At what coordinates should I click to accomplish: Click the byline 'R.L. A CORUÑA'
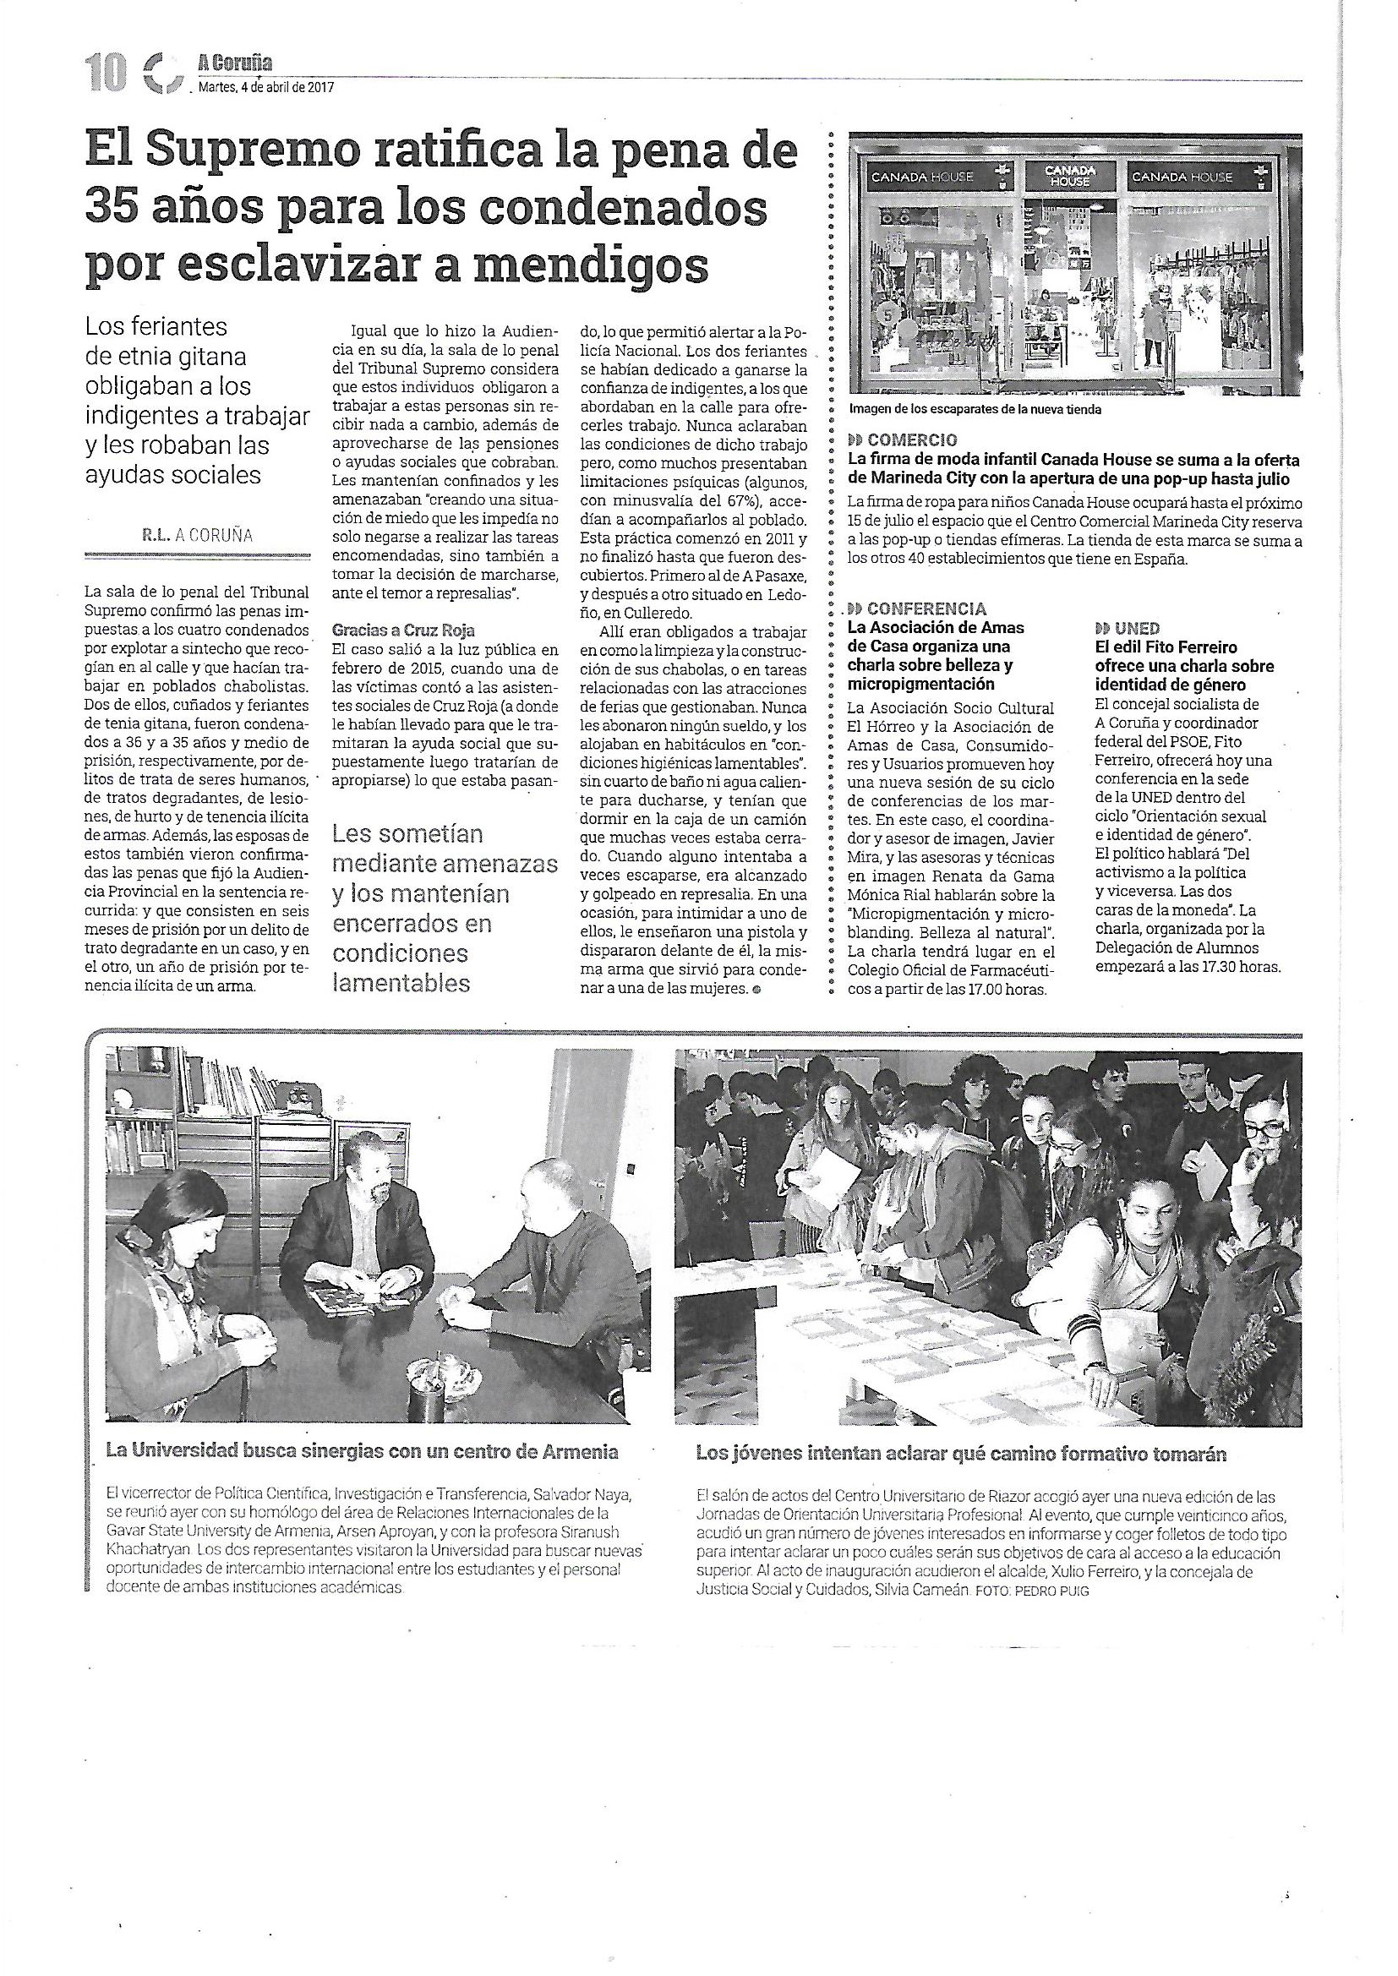[x=197, y=535]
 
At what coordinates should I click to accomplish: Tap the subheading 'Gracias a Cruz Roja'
[x=405, y=630]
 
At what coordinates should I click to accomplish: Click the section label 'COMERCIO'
[x=912, y=442]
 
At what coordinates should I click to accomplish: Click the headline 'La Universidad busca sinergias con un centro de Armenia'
[x=362, y=1452]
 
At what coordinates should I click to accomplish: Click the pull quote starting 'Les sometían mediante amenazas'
[x=445, y=907]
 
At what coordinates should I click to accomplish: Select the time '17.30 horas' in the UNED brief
[x=1239, y=967]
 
